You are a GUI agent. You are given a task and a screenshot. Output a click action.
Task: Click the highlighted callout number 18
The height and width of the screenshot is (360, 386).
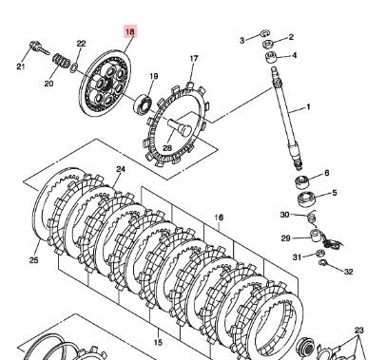[130, 31]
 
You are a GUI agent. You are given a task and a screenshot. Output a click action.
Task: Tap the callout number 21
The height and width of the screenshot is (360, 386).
[21, 66]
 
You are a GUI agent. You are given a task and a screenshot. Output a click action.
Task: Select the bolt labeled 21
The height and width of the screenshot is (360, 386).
[40, 47]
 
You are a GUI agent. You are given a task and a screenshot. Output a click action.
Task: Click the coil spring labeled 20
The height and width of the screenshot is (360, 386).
[61, 60]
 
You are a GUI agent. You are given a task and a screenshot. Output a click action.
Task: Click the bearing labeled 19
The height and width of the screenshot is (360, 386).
[144, 104]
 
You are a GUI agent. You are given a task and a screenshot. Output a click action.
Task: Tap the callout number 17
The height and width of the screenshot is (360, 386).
[194, 59]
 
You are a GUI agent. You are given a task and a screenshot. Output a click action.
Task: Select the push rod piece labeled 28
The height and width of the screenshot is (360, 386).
[180, 126]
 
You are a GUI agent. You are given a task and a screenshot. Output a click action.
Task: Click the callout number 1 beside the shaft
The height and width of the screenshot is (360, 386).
[308, 107]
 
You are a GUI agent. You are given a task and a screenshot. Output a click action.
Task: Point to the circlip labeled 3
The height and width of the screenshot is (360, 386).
[265, 33]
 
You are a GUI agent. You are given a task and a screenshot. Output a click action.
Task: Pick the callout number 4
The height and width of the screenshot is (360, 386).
[295, 55]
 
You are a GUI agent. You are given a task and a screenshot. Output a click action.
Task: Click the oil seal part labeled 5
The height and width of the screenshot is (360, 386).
[306, 199]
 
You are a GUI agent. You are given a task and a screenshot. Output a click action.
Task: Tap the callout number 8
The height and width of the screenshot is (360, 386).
[327, 173]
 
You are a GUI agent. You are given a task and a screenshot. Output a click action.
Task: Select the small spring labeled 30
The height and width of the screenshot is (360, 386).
[312, 218]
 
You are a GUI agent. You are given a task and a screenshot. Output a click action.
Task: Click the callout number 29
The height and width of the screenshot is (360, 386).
[286, 238]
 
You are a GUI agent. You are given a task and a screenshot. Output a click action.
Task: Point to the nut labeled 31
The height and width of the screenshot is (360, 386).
[320, 253]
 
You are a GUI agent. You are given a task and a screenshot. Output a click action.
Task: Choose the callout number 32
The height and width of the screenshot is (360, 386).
[348, 272]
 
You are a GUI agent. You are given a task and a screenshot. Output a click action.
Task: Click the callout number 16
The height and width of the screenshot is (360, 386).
[219, 218]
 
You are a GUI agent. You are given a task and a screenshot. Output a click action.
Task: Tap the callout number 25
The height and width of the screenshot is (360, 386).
[34, 260]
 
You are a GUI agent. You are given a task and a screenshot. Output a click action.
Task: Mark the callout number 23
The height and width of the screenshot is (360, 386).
[358, 331]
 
